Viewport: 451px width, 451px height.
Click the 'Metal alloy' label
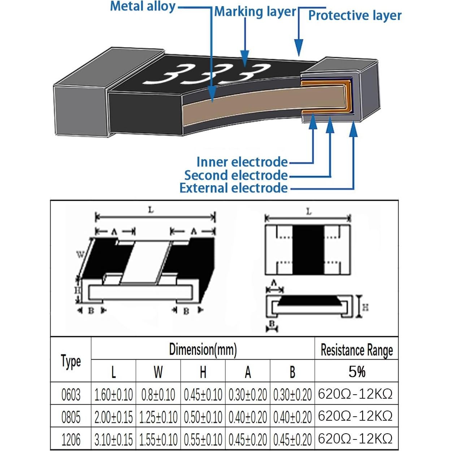(142, 6)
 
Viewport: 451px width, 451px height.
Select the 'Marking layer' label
(255, 12)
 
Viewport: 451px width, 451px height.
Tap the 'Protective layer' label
(355, 16)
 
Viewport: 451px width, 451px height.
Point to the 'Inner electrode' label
(242, 162)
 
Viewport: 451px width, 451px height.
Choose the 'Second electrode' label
(236, 175)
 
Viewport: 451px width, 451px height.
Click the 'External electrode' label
(234, 188)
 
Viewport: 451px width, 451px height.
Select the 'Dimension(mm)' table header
(203, 349)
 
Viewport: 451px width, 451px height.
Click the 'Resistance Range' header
(356, 350)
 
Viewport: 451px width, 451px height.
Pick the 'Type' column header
(71, 361)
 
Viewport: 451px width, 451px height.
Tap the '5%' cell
(356, 372)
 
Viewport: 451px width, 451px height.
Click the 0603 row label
(71, 394)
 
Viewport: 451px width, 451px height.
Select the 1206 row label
(71, 439)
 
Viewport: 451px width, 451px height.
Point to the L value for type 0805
(113, 417)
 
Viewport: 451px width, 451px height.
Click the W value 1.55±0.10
(158, 439)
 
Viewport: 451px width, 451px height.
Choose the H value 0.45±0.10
(203, 394)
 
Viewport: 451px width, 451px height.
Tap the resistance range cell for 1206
(355, 439)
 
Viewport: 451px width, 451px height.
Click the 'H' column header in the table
(203, 372)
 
